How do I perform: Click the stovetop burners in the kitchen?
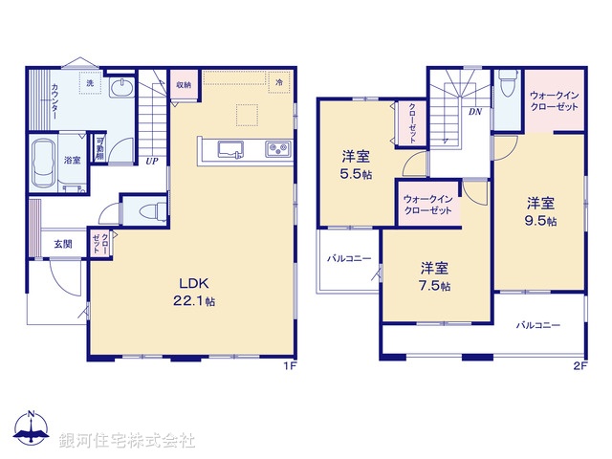pyautogui.click(x=276, y=149)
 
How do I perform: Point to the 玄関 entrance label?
pyautogui.click(x=63, y=243)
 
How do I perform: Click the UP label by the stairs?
pyautogui.click(x=151, y=161)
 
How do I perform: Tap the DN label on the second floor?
pyautogui.click(x=474, y=112)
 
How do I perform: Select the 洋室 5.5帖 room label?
pyautogui.click(x=357, y=164)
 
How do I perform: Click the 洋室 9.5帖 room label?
pyautogui.click(x=540, y=210)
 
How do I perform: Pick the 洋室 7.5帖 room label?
pyautogui.click(x=433, y=276)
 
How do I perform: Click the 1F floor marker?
pyautogui.click(x=288, y=366)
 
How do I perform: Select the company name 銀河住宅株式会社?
pyautogui.click(x=126, y=441)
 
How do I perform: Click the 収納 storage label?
pyautogui.click(x=184, y=85)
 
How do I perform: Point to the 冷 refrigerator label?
pyautogui.click(x=279, y=83)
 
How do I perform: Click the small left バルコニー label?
pyautogui.click(x=348, y=258)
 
